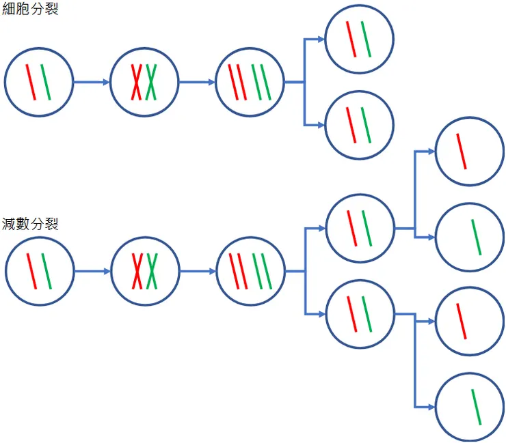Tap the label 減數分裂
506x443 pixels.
(30, 223)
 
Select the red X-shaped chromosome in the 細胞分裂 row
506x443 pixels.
(137, 81)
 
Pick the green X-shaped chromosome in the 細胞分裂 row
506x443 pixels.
(151, 81)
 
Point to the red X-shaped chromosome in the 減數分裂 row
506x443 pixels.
(137, 270)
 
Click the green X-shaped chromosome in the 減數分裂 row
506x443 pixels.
(151, 270)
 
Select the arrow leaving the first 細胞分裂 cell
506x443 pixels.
(91, 82)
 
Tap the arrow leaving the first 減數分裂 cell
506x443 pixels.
(91, 271)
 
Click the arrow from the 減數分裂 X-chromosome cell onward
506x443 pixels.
(197, 271)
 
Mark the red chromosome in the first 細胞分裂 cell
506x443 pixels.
(31, 82)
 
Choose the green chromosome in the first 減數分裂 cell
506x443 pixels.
(46, 271)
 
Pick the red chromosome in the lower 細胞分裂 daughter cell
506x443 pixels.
(351, 125)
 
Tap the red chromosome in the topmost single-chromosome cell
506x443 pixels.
(462, 151)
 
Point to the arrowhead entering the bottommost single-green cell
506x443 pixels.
(431, 407)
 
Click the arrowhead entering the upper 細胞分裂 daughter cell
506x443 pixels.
(321, 39)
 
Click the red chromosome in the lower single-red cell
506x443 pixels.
(462, 321)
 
